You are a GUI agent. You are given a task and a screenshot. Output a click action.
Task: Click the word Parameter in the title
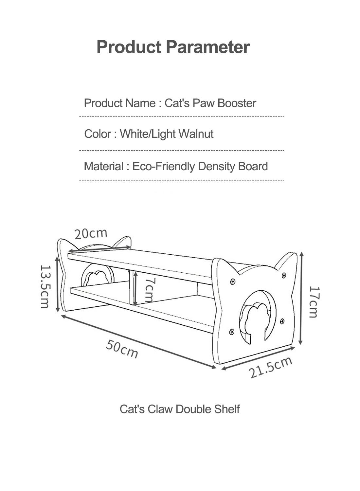coord(208,47)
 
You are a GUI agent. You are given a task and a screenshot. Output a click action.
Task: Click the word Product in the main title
coord(129,47)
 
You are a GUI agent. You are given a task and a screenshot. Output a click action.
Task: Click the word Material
coord(104,166)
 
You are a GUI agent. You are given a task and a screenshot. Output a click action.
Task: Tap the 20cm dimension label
coord(91,234)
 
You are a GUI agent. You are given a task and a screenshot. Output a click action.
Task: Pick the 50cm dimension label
coord(122,349)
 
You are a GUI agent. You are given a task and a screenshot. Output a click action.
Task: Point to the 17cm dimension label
coord(315,302)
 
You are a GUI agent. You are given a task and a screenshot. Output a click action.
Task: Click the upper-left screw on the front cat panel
coord(233,281)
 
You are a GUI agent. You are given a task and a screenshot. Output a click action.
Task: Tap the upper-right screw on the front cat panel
coord(283,275)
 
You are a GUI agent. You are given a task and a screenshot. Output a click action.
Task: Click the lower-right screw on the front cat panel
coord(282,321)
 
